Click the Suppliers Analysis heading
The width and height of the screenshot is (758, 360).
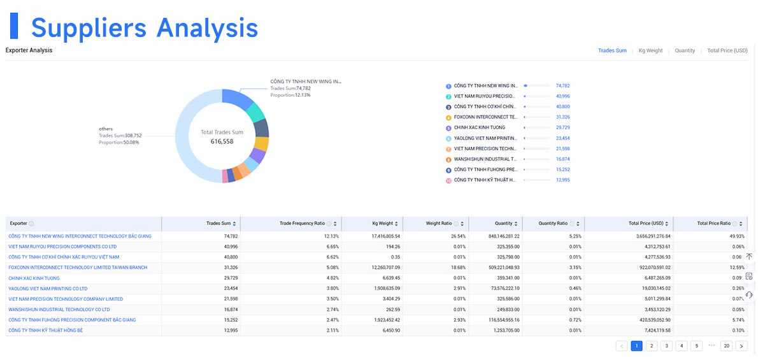pyautogui.click(x=144, y=27)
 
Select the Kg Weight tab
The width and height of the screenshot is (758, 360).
pyautogui.click(x=650, y=50)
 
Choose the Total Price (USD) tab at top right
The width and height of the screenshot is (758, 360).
pyautogui.click(x=727, y=50)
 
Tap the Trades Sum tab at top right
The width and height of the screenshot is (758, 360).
pyautogui.click(x=611, y=50)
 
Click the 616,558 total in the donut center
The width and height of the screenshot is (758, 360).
pyautogui.click(x=222, y=141)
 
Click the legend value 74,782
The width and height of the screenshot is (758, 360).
pyautogui.click(x=562, y=85)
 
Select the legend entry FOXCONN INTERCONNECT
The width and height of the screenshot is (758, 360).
pyautogui.click(x=485, y=117)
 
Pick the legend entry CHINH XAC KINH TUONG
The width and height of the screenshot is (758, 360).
pyautogui.click(x=480, y=127)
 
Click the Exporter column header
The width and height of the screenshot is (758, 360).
pyautogui.click(x=18, y=224)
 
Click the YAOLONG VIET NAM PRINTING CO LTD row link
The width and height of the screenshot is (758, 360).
pyautogui.click(x=48, y=289)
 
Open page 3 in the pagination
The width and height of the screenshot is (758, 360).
pyautogui.click(x=666, y=346)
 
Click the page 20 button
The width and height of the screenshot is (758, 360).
pyautogui.click(x=726, y=346)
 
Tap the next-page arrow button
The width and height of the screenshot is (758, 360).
pyautogui.click(x=741, y=346)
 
